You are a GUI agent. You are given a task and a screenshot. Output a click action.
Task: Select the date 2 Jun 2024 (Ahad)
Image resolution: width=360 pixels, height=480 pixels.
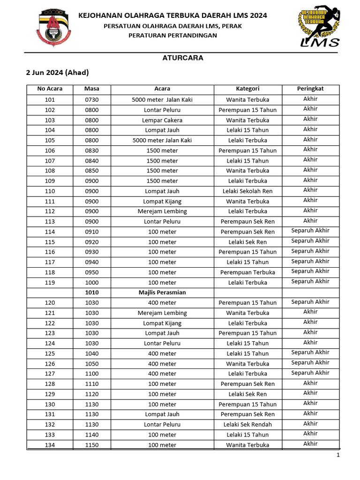pyautogui.click(x=57, y=73)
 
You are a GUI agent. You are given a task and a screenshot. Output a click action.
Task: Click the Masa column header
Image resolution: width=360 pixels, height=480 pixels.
pyautogui.click(x=91, y=89)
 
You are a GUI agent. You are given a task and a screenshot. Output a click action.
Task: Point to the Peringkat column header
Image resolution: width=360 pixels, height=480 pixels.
pyautogui.click(x=310, y=89)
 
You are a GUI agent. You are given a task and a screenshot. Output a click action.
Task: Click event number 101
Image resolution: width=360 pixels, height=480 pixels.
pyautogui.click(x=50, y=99)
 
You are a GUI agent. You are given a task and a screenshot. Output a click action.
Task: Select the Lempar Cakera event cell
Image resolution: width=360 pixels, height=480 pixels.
pyautogui.click(x=162, y=120)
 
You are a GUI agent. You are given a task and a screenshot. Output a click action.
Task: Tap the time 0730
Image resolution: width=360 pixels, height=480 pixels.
pyautogui.click(x=91, y=99)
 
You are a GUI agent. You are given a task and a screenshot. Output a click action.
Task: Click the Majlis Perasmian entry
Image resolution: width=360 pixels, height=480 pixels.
pyautogui.click(x=162, y=292)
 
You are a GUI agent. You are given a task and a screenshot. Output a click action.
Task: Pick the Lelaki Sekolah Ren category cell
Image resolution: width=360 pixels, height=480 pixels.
pyautogui.click(x=247, y=191)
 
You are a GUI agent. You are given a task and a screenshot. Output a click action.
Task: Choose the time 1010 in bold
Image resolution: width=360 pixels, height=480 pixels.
pyautogui.click(x=91, y=292)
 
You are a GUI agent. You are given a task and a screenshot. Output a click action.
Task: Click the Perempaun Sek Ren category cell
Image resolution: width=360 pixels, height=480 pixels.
pyautogui.click(x=247, y=222)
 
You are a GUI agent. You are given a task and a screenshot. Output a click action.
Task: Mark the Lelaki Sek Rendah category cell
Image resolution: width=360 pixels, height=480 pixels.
pyautogui.click(x=247, y=425)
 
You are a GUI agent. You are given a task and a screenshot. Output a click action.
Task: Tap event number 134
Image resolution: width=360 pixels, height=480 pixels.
pyautogui.click(x=50, y=445)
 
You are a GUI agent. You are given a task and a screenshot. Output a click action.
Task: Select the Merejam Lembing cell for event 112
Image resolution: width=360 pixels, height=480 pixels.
pyautogui.click(x=162, y=211)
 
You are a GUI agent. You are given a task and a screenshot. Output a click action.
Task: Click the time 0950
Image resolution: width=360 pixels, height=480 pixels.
pyautogui.click(x=91, y=272)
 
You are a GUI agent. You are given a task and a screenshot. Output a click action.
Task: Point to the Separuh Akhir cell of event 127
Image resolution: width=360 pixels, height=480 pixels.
pyautogui.click(x=310, y=373)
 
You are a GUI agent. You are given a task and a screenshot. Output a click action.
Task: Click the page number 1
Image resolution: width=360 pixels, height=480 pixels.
pyautogui.click(x=337, y=455)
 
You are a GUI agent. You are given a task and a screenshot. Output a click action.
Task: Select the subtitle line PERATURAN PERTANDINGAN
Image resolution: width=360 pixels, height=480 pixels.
pyautogui.click(x=173, y=36)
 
